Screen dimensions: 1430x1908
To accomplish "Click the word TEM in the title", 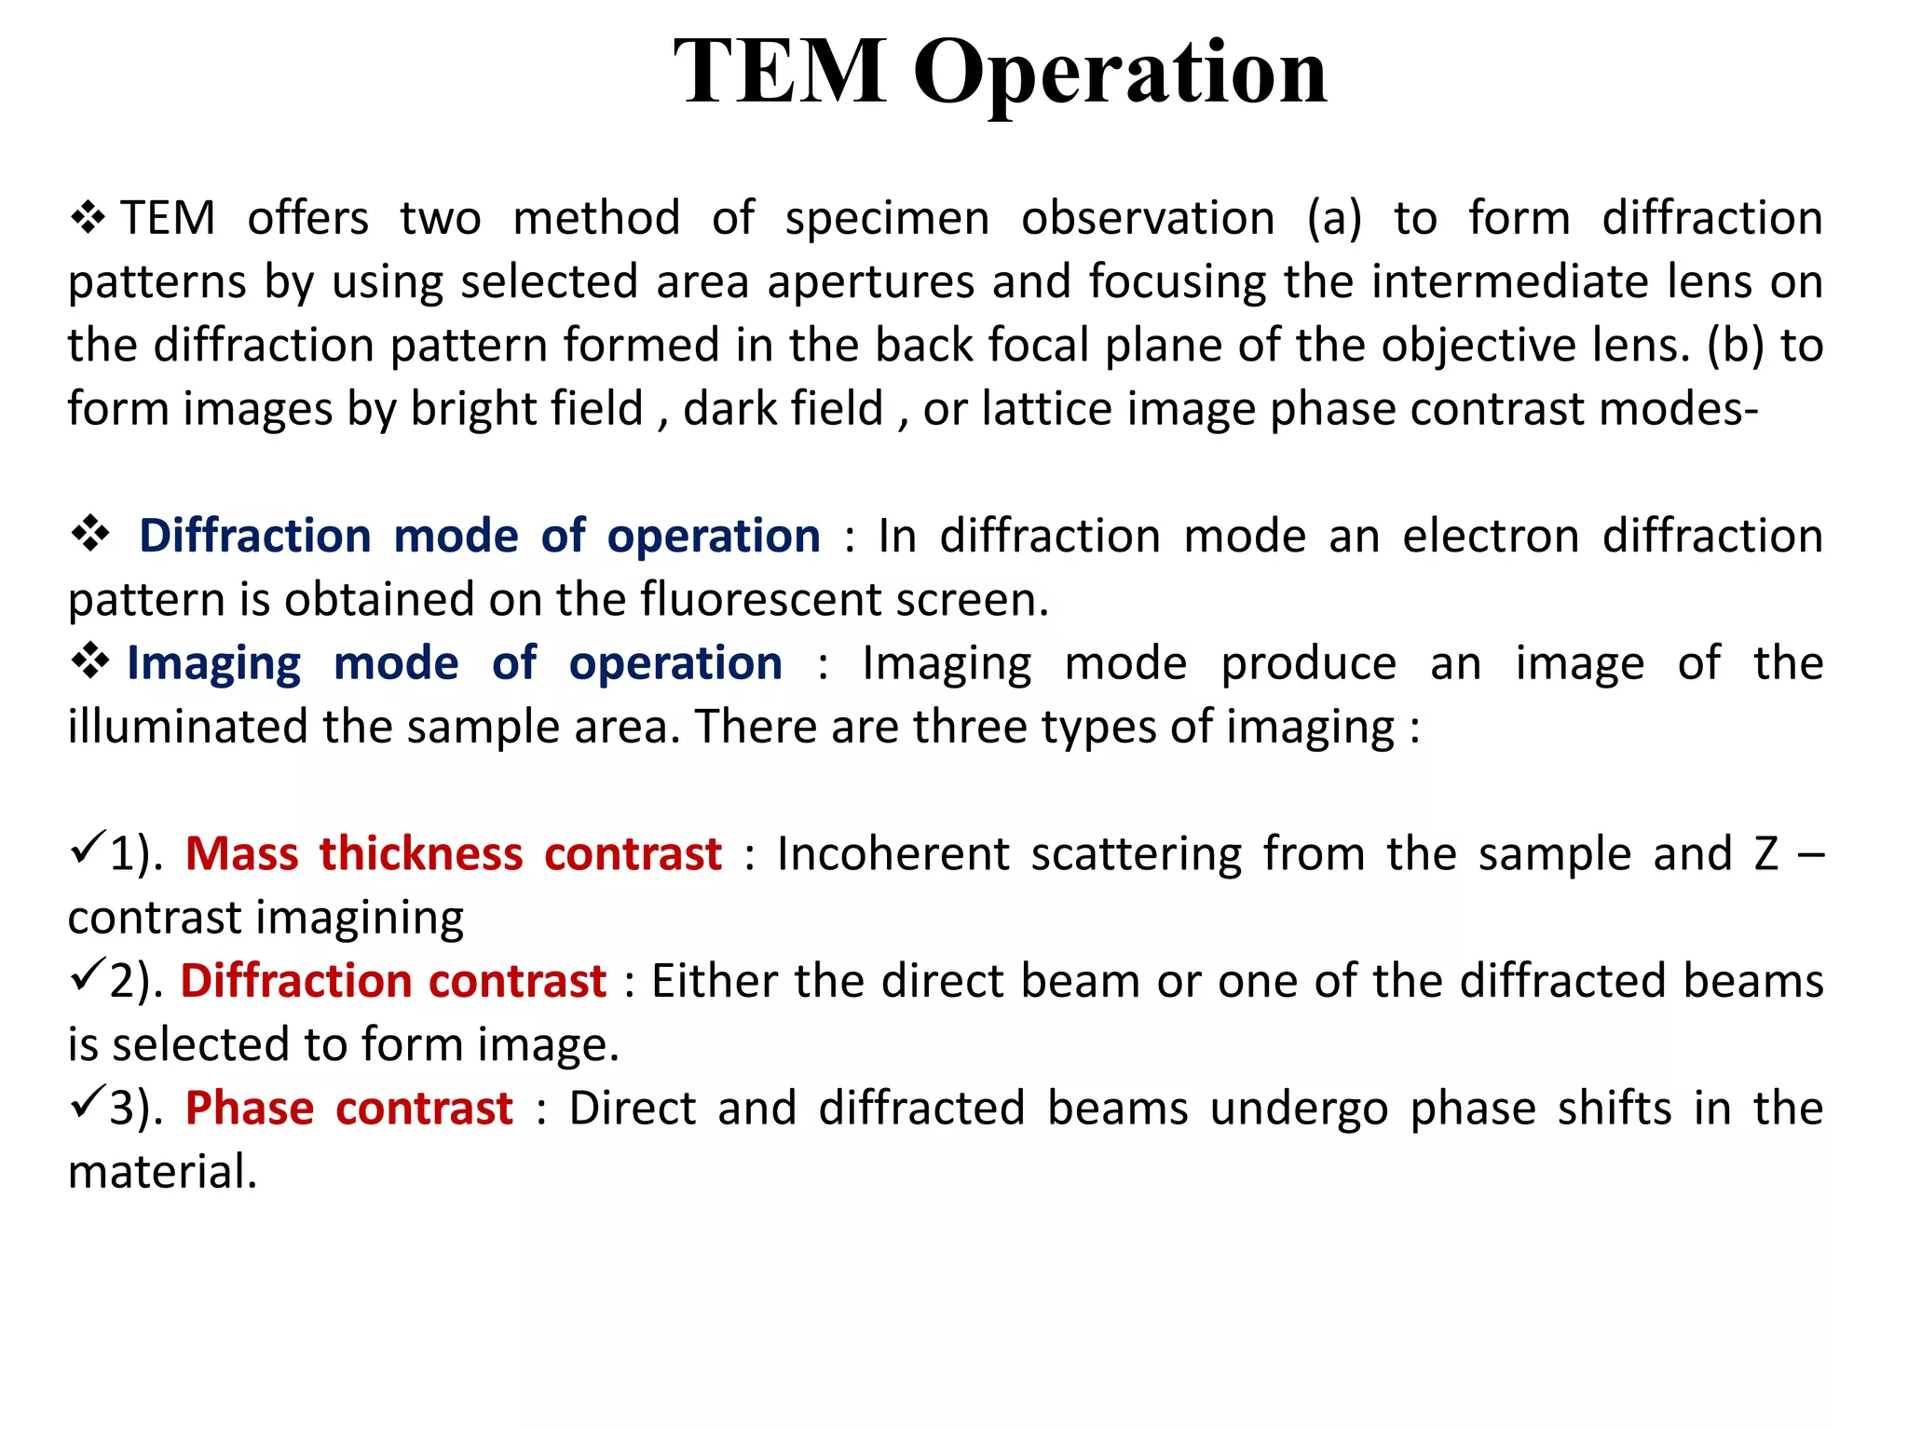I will pyautogui.click(x=780, y=72).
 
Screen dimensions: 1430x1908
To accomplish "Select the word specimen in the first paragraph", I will pyautogui.click(x=887, y=220).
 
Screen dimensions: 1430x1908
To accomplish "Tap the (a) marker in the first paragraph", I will pyautogui.click(x=1334, y=220).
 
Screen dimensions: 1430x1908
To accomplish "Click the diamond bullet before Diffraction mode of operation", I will pyautogui.click(x=90, y=535).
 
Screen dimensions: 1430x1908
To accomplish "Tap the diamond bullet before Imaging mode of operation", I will pyautogui.click(x=90, y=661).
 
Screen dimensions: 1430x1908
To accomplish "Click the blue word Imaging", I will pyautogui.click(x=213, y=665).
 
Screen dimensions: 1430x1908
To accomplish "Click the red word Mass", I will pyautogui.click(x=241, y=854).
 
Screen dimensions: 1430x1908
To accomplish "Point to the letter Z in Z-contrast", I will pyautogui.click(x=1766, y=854).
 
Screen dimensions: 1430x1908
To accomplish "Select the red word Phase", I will pyautogui.click(x=249, y=1110).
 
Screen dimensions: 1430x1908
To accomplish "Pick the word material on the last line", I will pyautogui.click(x=161, y=1172).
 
